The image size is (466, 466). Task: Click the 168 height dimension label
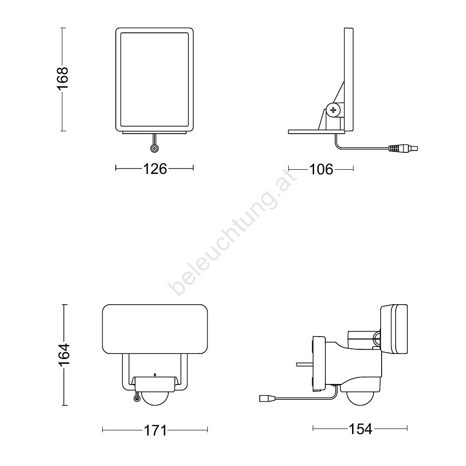(x=63, y=78)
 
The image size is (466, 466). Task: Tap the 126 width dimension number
(x=155, y=169)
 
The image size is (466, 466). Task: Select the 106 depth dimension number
(x=321, y=170)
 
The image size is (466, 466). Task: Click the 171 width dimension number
(x=156, y=430)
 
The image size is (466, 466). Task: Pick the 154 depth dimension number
(x=360, y=429)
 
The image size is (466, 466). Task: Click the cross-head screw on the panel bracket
(x=333, y=110)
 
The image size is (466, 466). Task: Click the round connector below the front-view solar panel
(x=154, y=149)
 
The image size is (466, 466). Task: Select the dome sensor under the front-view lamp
(x=155, y=398)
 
